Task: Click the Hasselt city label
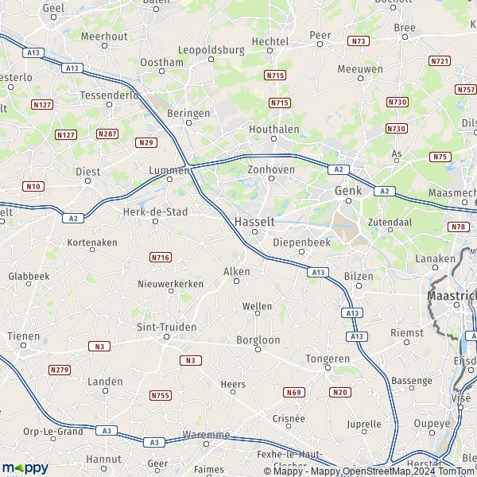(254, 220)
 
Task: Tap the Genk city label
(349, 192)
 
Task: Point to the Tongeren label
(327, 359)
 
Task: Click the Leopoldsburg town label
(211, 49)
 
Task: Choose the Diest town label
(87, 170)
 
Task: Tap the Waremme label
(206, 435)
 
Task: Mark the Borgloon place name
(258, 339)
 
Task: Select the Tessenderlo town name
(110, 95)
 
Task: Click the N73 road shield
(359, 41)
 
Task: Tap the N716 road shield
(160, 258)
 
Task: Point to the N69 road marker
(294, 392)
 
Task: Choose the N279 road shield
(59, 370)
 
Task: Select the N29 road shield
(145, 142)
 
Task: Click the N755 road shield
(160, 395)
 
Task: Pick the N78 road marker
(458, 227)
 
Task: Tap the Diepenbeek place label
(300, 242)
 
